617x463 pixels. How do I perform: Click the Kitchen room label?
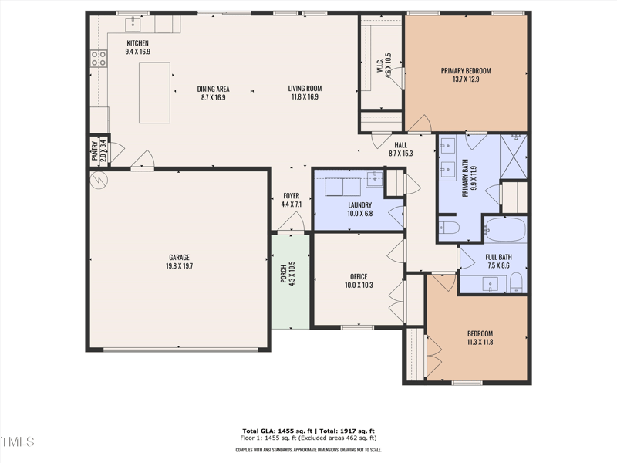click(x=137, y=43)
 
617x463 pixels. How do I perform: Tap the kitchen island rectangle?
click(x=154, y=93)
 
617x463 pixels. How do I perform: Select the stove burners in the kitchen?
click(x=99, y=56)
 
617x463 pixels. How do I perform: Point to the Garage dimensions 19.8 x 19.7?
click(x=180, y=265)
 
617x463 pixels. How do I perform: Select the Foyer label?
click(x=291, y=196)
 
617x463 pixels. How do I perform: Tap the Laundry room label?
click(x=359, y=204)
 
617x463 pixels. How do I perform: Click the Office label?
click(x=358, y=276)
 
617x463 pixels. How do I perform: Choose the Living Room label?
click(x=305, y=88)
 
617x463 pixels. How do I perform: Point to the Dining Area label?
click(x=214, y=88)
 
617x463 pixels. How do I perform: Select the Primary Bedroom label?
click(x=466, y=71)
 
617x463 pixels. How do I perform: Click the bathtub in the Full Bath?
click(x=505, y=230)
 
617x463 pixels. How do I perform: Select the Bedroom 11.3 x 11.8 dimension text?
click(x=479, y=342)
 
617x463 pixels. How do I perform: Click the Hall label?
click(x=400, y=144)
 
